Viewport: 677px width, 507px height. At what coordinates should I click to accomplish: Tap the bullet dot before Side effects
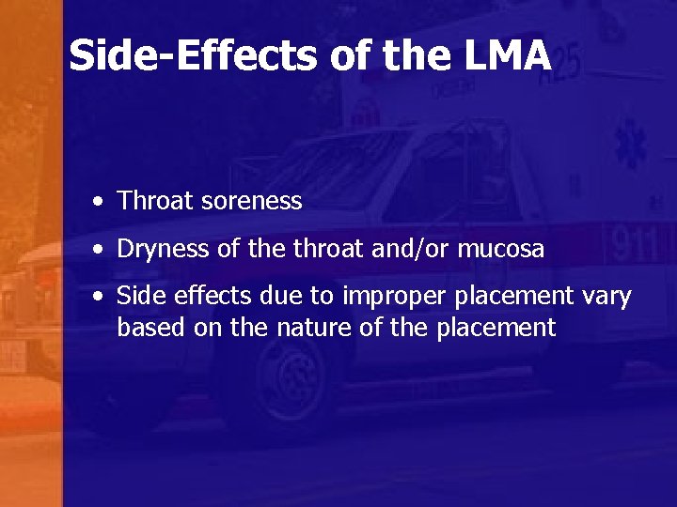tap(99, 298)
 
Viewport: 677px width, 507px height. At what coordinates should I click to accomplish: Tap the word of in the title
tap(351, 56)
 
